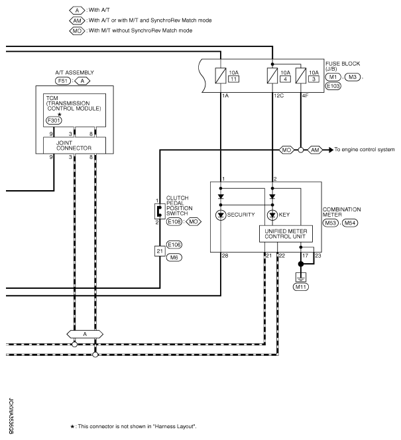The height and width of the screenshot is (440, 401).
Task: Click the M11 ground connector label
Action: point(300,287)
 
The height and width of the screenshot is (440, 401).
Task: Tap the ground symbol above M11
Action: point(301,278)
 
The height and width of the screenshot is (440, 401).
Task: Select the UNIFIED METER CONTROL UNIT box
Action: point(286,234)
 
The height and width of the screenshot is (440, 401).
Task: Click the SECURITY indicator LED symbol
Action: point(221,215)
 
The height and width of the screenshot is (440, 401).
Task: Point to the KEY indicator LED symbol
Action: point(272,215)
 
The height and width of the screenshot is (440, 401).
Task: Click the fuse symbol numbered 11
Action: point(221,76)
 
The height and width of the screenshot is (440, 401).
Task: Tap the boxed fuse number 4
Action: point(286,79)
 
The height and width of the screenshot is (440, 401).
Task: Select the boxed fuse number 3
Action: point(314,79)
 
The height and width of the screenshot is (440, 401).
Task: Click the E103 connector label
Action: point(333,86)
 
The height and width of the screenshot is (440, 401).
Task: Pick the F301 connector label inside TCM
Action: point(54,121)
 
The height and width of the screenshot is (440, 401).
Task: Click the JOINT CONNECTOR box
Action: point(74,145)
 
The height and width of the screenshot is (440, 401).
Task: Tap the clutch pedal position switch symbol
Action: point(159,211)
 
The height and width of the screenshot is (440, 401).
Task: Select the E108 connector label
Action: point(174,222)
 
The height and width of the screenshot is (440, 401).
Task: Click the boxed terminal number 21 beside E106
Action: point(160,251)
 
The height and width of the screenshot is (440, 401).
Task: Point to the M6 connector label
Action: point(174,258)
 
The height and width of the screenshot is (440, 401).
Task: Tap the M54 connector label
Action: point(350,223)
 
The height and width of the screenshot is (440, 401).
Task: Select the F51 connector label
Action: point(62,81)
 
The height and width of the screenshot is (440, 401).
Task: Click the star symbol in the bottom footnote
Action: point(72,427)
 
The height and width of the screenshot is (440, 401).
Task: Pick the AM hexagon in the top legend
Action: point(77,21)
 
